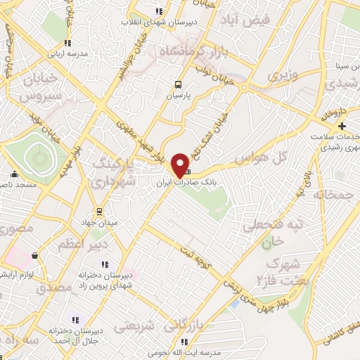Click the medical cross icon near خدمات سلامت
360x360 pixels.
pos(341,125)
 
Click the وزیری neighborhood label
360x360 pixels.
pos(285,73)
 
